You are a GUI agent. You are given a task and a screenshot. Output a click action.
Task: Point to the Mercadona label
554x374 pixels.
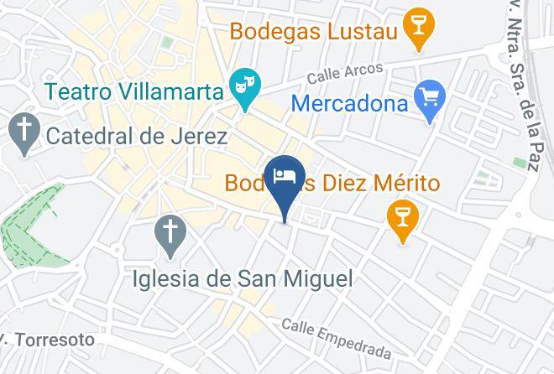point(350,105)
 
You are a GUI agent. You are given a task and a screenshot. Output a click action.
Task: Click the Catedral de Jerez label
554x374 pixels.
point(137,135)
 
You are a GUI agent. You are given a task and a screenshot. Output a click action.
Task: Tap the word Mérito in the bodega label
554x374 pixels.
point(406,183)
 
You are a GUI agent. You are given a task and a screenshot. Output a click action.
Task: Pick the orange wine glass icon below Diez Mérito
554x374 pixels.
point(403,216)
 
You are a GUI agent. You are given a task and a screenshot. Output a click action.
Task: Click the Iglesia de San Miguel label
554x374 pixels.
point(243,278)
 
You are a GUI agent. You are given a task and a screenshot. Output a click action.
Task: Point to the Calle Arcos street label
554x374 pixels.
point(344,74)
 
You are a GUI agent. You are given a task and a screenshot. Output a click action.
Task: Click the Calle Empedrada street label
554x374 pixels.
point(336,337)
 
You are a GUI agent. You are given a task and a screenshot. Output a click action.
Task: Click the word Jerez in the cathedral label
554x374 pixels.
point(198,135)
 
